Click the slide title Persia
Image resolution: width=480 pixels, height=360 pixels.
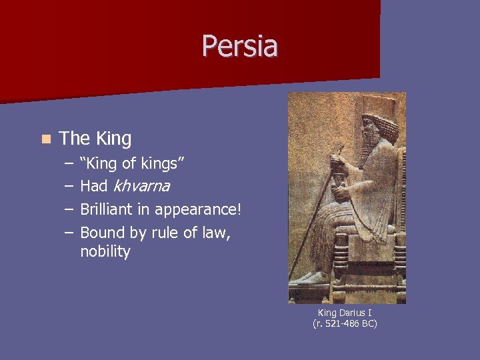(240, 46)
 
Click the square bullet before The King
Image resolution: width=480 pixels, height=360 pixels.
(45, 139)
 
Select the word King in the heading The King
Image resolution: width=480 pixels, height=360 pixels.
(113, 139)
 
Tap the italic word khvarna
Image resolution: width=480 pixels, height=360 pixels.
(141, 186)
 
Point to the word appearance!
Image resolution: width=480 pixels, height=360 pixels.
(198, 211)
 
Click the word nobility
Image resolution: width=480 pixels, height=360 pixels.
(105, 251)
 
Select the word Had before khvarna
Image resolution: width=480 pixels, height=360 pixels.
(94, 186)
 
